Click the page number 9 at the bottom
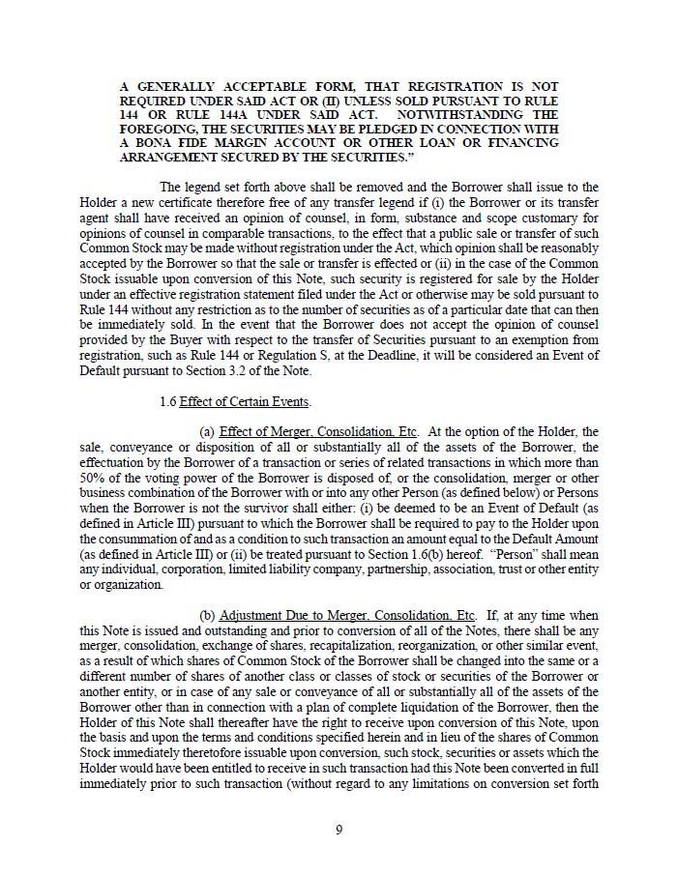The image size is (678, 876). (339, 830)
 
